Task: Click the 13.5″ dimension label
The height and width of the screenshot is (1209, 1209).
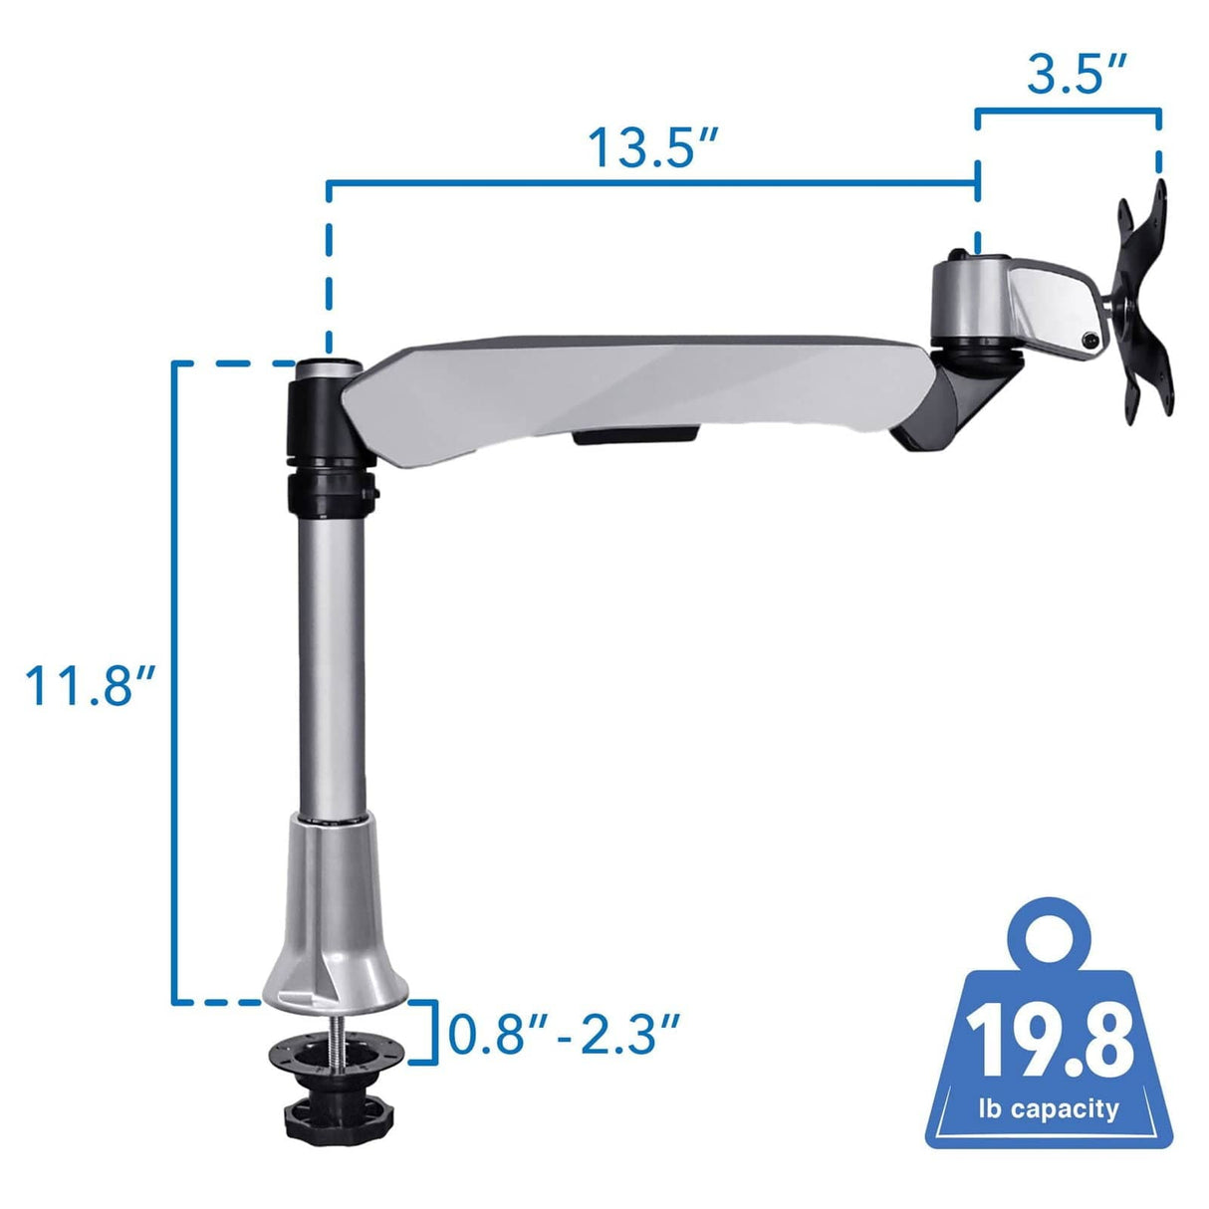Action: coord(651,147)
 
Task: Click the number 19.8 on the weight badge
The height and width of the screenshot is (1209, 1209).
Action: coord(1052,1042)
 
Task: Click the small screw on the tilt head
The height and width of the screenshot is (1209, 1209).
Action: coord(1091,341)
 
